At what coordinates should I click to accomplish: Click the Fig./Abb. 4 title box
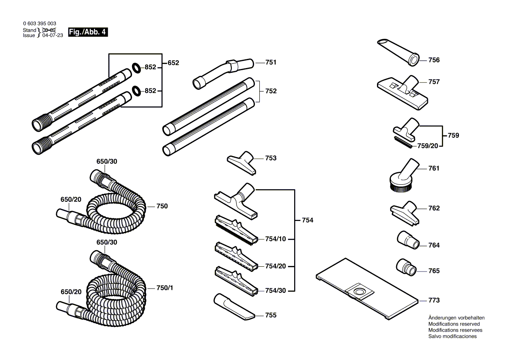pos(88,32)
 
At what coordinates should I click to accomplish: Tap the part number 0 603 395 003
pos(39,24)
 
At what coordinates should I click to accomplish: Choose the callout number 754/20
pos(275,266)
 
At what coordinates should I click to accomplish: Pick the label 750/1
pos(164,288)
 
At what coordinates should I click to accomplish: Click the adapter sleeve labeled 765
pos(406,267)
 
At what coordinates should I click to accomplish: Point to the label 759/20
pos(428,146)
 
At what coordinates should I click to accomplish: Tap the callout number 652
pos(173,63)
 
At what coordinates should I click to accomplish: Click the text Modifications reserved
pos(454,324)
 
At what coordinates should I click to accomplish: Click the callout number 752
pos(271,91)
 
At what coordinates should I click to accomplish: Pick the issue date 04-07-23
pos(53,35)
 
